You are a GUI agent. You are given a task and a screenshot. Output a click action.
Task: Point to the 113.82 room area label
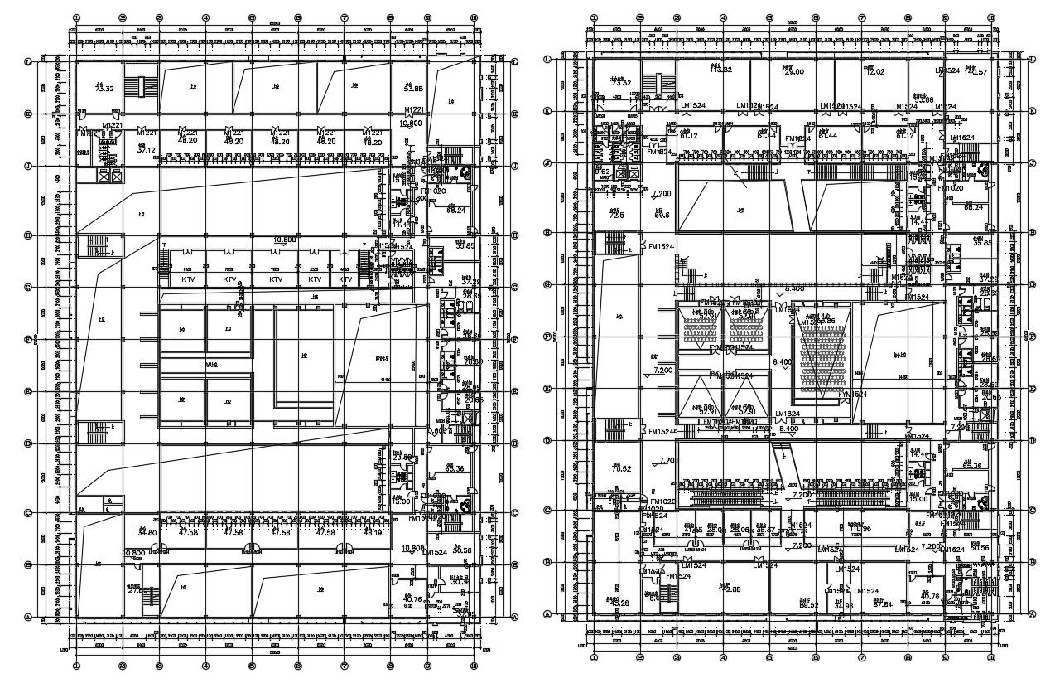(x=721, y=70)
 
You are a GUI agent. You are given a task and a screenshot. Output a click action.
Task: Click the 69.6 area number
(x=661, y=216)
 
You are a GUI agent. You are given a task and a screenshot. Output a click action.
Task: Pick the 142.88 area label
(x=729, y=589)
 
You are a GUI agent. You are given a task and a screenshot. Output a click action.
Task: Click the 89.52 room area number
(x=808, y=604)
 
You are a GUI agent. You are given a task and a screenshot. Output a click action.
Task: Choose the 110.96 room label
(x=861, y=528)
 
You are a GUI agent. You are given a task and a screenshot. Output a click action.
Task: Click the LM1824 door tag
(x=787, y=413)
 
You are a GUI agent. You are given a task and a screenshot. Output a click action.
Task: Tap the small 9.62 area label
(x=603, y=172)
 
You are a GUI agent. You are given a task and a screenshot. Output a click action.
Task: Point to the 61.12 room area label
(x=689, y=135)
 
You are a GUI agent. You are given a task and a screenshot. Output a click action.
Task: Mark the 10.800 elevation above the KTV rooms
(x=285, y=240)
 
